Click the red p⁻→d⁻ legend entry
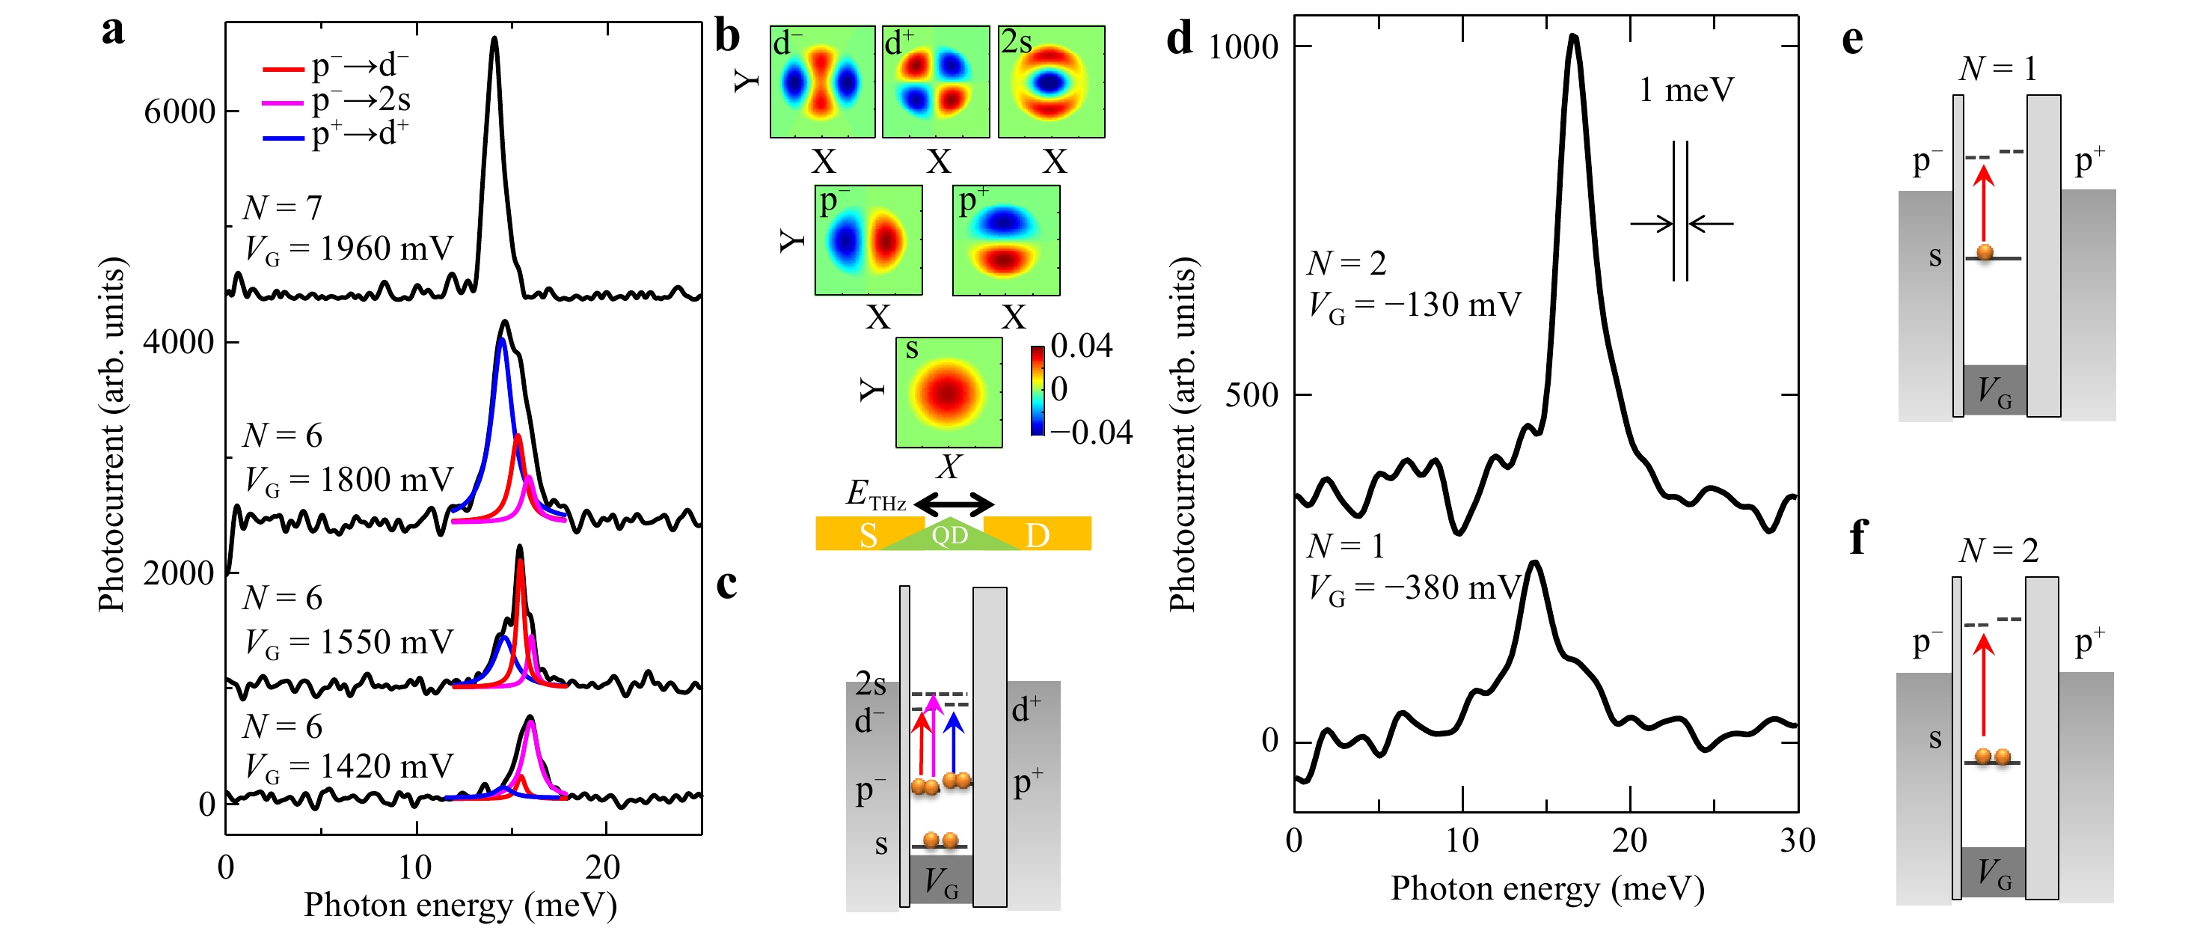pyautogui.click(x=334, y=66)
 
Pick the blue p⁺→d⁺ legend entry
pyautogui.click(x=334, y=135)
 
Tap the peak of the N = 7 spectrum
pyautogui.click(x=494, y=39)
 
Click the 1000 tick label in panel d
pyautogui.click(x=1243, y=46)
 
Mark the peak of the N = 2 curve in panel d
pyautogui.click(x=1572, y=36)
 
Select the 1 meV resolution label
pyautogui.click(x=1686, y=90)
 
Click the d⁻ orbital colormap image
pyautogui.click(x=822, y=82)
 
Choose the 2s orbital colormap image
pyautogui.click(x=1051, y=82)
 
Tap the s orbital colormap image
pyautogui.click(x=949, y=393)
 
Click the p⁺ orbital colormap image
pyautogui.click(x=1006, y=241)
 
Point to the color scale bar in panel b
pyautogui.click(x=1038, y=390)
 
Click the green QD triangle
pyautogui.click(x=950, y=534)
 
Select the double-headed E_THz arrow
pyautogui.click(x=955, y=504)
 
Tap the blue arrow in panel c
pyautogui.click(x=954, y=742)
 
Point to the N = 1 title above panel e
pyautogui.click(x=1997, y=69)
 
